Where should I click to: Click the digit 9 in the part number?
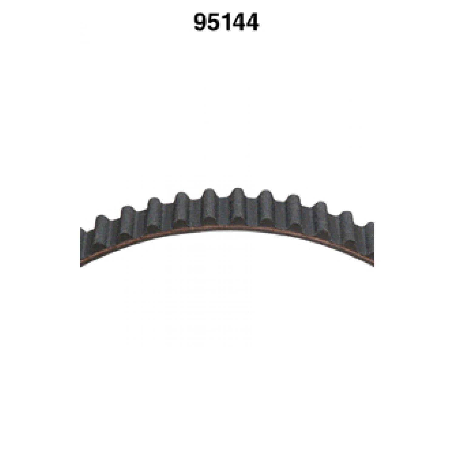[x=201, y=22]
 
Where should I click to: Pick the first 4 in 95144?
[x=239, y=22]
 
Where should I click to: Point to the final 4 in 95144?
[x=252, y=22]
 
